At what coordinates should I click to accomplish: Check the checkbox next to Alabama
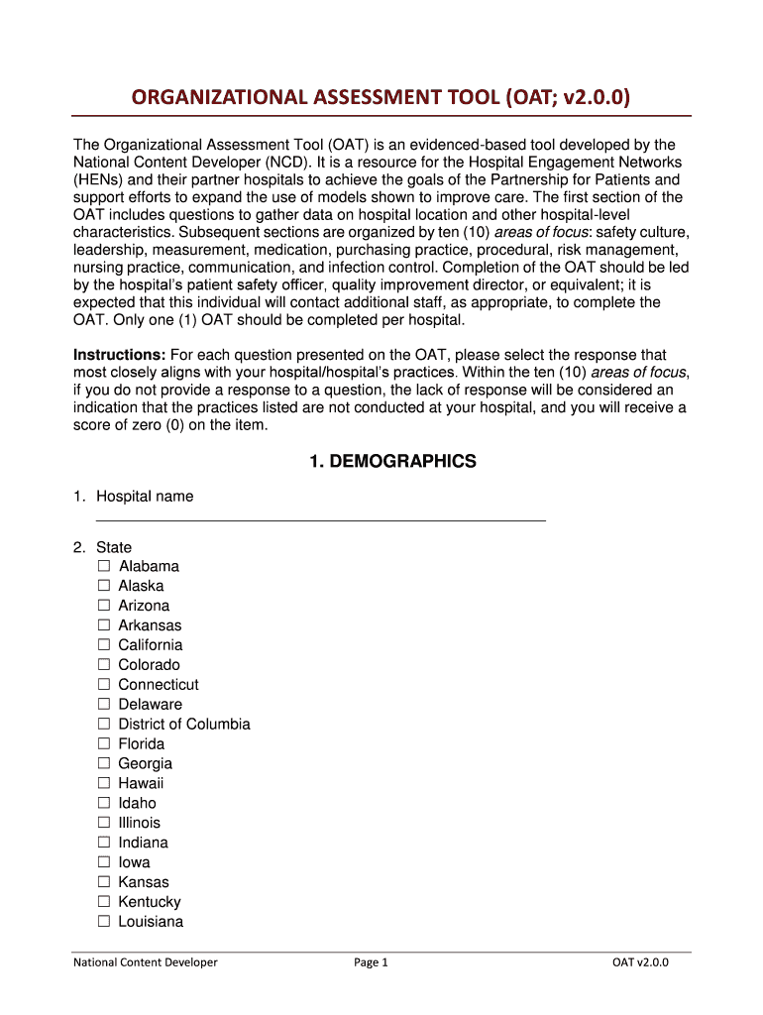104,566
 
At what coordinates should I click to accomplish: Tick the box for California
104,645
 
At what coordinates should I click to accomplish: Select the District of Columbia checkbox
104,725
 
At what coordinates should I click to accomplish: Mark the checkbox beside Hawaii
104,783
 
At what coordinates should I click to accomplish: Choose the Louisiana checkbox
104,922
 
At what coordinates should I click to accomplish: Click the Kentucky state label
150,902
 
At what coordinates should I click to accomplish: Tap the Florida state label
142,743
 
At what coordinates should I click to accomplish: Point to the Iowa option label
135,862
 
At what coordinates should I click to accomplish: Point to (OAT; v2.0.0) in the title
566,97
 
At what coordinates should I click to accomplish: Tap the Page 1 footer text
371,962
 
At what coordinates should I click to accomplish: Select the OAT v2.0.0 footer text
639,962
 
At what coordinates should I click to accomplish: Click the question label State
114,547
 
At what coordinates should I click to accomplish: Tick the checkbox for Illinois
104,823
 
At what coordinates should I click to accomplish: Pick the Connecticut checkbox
104,685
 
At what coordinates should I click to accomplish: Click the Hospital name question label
145,497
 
